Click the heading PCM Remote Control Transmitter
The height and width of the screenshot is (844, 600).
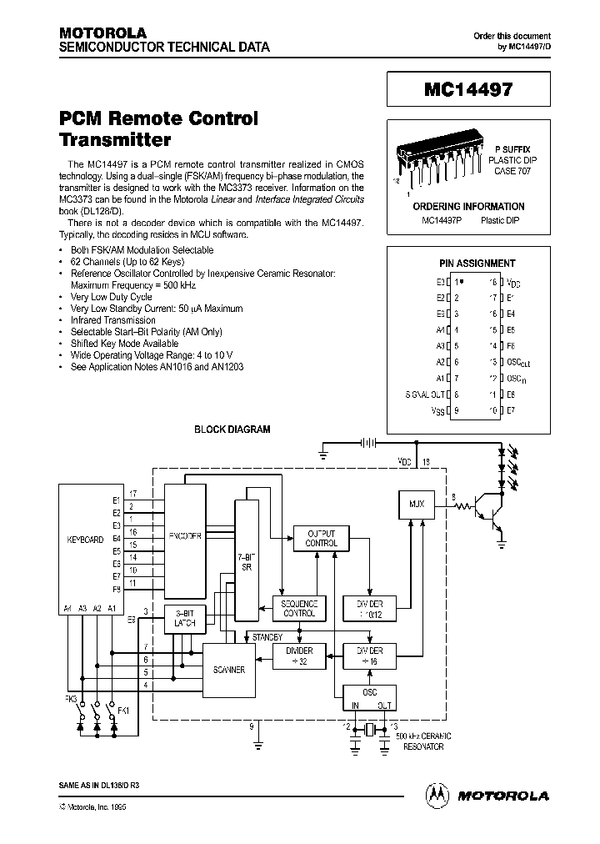coord(158,128)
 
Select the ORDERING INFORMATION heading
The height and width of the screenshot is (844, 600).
coord(469,206)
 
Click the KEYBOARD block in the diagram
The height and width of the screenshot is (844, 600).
coord(85,539)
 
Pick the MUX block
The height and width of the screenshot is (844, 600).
coord(417,505)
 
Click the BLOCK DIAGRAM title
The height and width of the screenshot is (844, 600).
coord(232,430)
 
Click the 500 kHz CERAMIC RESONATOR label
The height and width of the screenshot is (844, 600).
coord(423,741)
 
